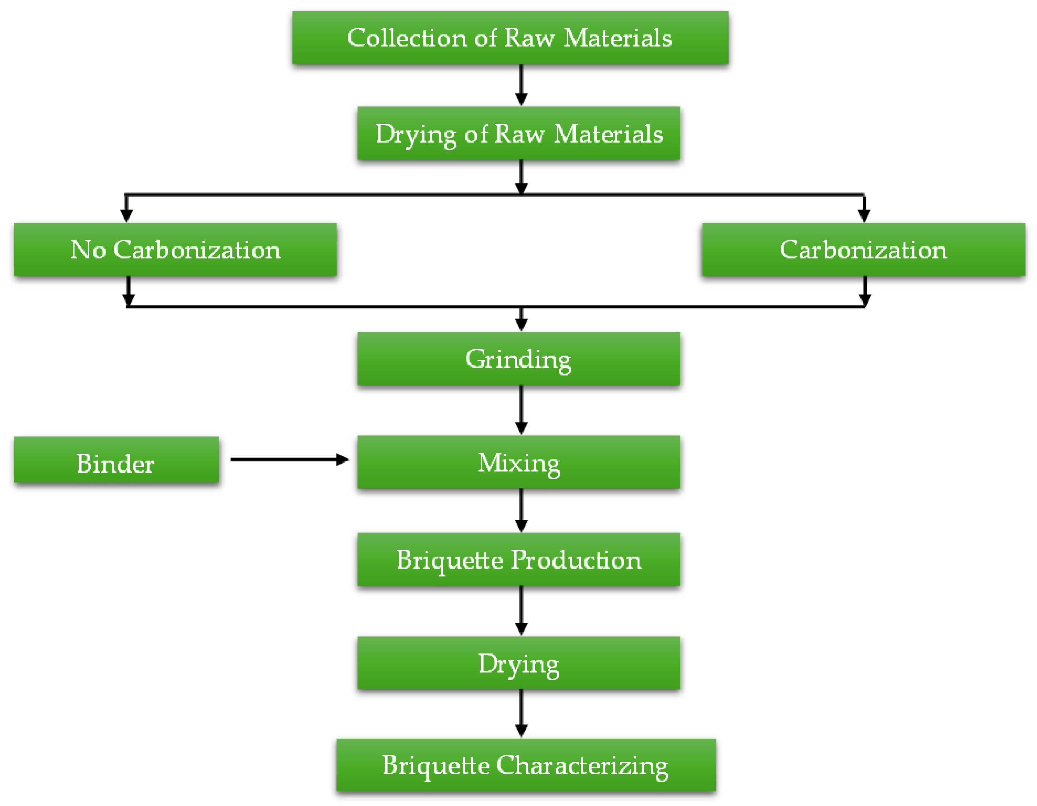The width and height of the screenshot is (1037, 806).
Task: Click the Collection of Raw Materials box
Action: pos(510,38)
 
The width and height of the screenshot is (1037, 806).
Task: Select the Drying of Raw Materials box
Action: pos(519,133)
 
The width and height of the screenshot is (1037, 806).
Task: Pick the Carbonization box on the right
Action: pos(863,250)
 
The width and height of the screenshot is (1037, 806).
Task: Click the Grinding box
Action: pos(519,359)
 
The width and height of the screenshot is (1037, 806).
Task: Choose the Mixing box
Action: pos(519,462)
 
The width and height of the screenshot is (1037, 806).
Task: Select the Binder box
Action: pos(116,460)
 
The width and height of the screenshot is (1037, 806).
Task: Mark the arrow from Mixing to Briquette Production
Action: pos(521,510)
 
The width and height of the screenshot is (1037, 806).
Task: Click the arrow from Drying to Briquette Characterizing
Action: pos(521,713)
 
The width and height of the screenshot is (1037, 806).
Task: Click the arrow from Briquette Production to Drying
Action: pos(521,610)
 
